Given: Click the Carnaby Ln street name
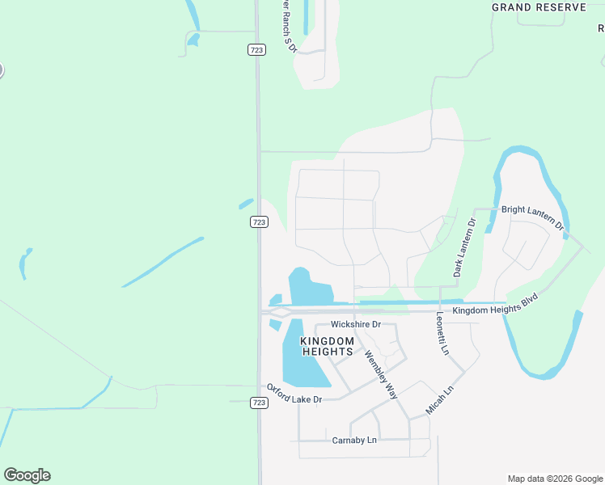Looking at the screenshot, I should (x=354, y=441).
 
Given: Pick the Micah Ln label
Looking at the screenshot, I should (x=440, y=401).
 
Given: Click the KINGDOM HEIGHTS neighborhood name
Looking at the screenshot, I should (x=327, y=346).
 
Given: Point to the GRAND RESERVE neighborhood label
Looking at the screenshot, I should (x=539, y=7).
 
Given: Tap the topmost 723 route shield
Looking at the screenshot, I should (x=256, y=50).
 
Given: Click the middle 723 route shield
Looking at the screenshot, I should (x=259, y=222).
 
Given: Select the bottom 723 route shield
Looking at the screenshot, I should (x=259, y=403).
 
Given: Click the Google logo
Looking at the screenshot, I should (x=27, y=475).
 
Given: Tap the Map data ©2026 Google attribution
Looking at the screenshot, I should (x=555, y=479).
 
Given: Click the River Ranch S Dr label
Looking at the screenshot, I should (x=288, y=26).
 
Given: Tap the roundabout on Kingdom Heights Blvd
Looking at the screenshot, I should (x=281, y=310).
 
